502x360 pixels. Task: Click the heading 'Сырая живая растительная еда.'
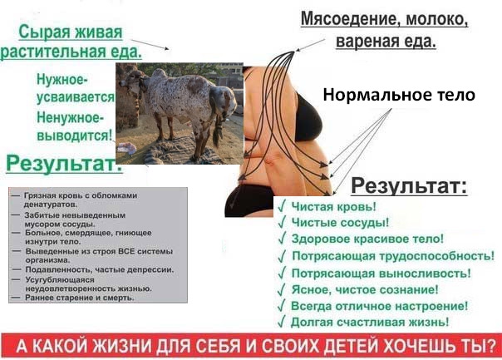click(x=71, y=42)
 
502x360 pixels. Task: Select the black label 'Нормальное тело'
click(x=399, y=95)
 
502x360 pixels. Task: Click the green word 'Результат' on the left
click(x=64, y=163)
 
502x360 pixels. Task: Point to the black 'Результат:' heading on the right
click(x=409, y=185)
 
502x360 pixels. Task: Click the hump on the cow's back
click(x=159, y=74)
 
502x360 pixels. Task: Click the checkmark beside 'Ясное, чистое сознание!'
click(x=282, y=289)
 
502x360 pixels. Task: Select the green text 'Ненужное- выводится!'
click(x=75, y=126)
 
